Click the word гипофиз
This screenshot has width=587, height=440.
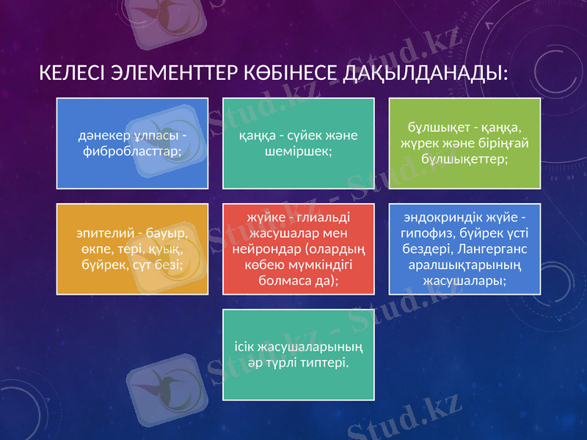[x=425, y=234]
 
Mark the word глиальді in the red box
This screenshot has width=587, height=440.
[x=321, y=218]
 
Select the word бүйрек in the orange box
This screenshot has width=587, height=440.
[x=93, y=264]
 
